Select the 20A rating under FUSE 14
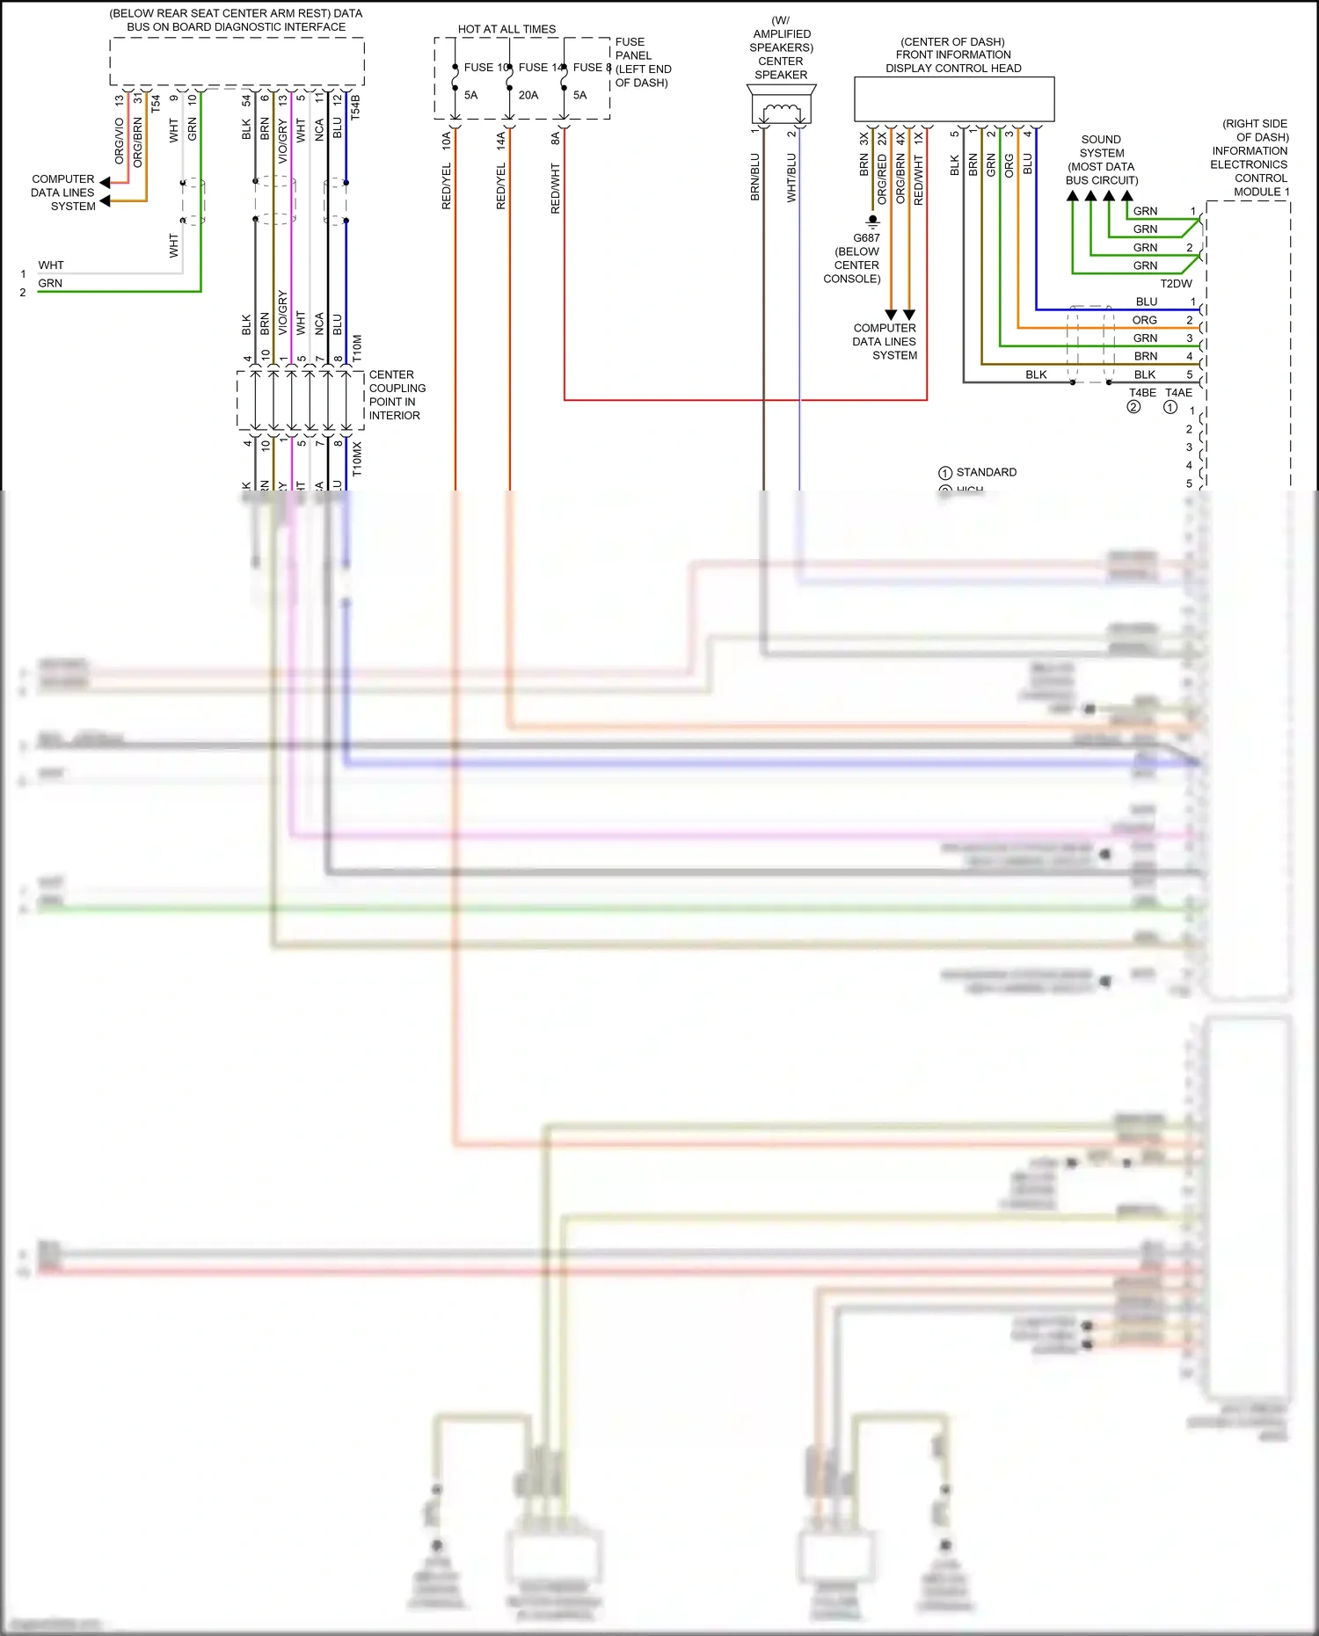click(528, 95)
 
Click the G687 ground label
click(866, 238)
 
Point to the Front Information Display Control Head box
click(954, 98)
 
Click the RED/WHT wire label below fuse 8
click(556, 188)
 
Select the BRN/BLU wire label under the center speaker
click(754, 178)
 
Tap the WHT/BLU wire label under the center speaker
click(791, 178)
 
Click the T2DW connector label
click(1176, 284)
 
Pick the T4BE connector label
click(1142, 393)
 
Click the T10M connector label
click(357, 347)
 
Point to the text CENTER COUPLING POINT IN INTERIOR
click(396, 395)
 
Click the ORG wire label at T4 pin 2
click(1144, 320)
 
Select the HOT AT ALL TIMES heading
click(506, 29)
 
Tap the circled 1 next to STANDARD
click(945, 473)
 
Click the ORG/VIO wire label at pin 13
click(120, 141)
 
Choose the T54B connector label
click(355, 107)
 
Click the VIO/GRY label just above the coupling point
click(282, 312)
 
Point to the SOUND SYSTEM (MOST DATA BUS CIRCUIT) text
click(1101, 160)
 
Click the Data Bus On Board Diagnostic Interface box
click(237, 62)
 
